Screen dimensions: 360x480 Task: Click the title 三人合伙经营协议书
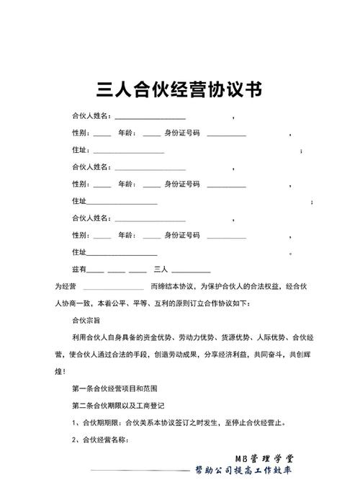(179, 89)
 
